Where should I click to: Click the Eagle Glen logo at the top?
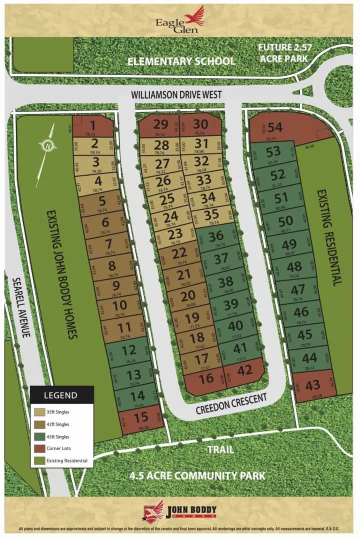pyautogui.click(x=179, y=20)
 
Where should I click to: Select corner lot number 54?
pyautogui.click(x=275, y=128)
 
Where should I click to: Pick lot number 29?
pyautogui.click(x=160, y=125)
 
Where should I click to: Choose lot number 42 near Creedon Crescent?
pyautogui.click(x=245, y=371)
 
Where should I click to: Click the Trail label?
pyautogui.click(x=220, y=449)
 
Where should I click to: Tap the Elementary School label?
pyautogui.click(x=181, y=61)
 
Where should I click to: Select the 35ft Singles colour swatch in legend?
pyautogui.click(x=37, y=412)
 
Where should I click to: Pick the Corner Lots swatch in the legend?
pyautogui.click(x=37, y=448)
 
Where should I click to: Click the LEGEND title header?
pyautogui.click(x=61, y=395)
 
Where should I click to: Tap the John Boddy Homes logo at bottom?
pyautogui.click(x=180, y=510)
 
